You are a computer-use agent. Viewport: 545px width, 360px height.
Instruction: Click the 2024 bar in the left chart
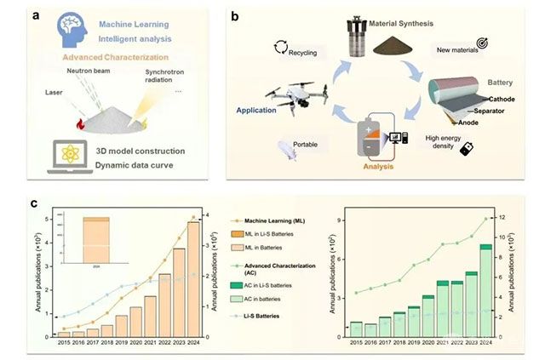pos(193,278)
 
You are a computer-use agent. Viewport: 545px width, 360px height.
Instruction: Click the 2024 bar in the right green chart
pos(485,290)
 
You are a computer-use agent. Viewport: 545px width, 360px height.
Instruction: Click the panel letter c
pos(33,204)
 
